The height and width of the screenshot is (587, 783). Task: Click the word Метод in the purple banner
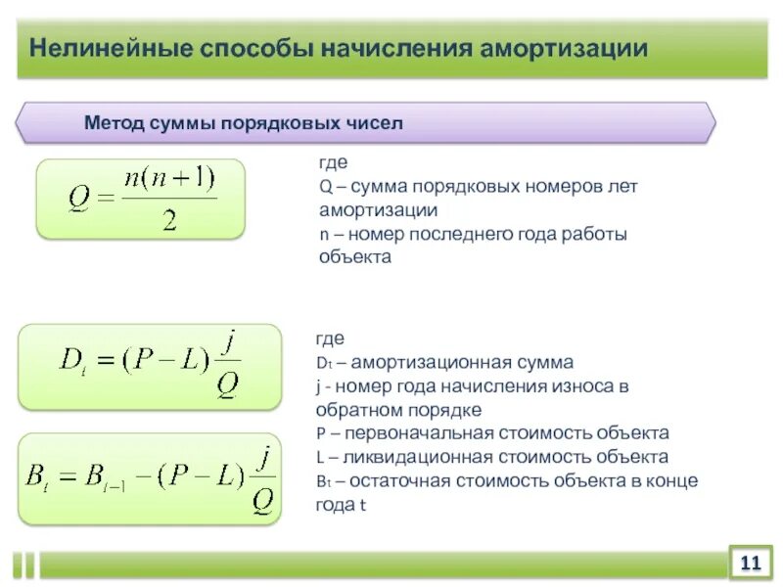pos(115,124)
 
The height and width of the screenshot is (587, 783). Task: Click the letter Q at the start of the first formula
pos(79,202)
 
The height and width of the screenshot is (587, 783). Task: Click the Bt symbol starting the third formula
pos(40,480)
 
